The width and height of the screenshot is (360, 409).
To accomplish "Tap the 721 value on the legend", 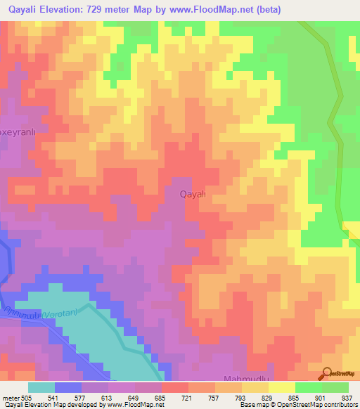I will [x=188, y=398].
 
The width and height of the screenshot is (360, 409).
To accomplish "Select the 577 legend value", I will [x=81, y=398].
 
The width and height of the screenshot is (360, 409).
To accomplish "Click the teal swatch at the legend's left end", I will [x=41, y=387].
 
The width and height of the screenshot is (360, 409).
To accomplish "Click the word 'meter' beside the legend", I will [x=11, y=398].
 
